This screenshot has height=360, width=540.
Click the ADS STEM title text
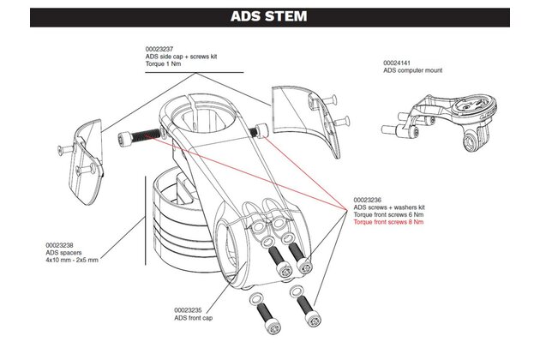click(270, 16)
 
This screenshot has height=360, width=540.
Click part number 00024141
click(399, 63)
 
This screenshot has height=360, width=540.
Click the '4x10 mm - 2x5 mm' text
click(74, 259)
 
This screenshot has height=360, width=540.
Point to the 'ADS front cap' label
click(193, 317)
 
